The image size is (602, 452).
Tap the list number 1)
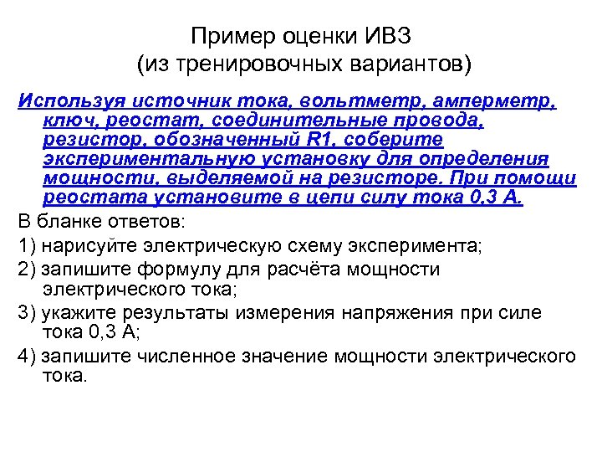[26, 246]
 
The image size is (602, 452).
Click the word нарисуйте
[98, 246]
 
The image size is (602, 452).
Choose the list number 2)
[26, 270]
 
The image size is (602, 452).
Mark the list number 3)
[26, 313]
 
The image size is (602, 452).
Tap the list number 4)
[26, 357]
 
